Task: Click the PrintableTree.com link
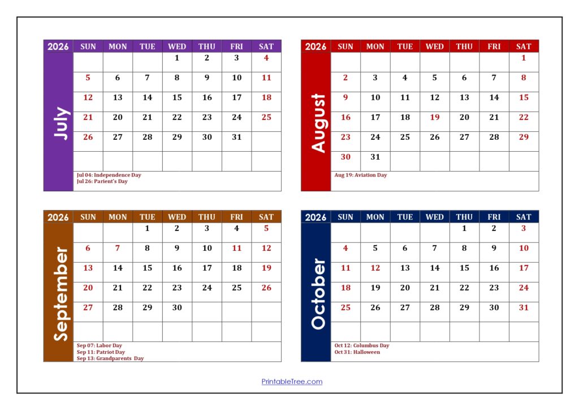coord(292,382)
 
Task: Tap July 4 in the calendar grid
coord(266,58)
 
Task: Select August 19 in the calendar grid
coord(434,117)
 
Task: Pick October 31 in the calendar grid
coord(524,308)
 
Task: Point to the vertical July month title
coord(59,123)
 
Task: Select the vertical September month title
coord(59,293)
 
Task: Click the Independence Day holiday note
coord(109,175)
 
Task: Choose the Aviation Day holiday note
coord(360,175)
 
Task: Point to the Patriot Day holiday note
coord(101,352)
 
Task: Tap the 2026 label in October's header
coord(316,217)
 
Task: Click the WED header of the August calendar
coord(434,46)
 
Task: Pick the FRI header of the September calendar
coord(236,217)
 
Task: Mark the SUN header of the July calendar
coord(88,46)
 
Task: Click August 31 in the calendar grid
coord(375,157)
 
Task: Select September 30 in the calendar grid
coord(177,308)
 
